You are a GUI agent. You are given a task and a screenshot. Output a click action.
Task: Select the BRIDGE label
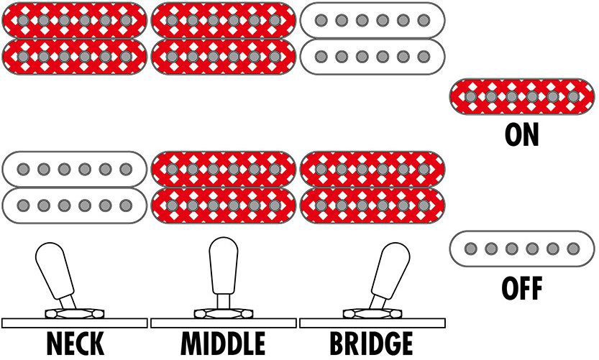(x=371, y=344)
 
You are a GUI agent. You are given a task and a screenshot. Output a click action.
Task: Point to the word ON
(x=522, y=134)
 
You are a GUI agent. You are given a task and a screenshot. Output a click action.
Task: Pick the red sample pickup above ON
(x=522, y=96)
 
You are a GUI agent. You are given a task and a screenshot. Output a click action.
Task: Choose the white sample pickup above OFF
(x=522, y=249)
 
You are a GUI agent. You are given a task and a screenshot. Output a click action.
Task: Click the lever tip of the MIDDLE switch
(x=222, y=255)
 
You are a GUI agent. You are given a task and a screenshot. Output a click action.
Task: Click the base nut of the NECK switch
(x=74, y=313)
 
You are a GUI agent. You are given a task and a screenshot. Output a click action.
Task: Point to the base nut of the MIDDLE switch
(x=224, y=313)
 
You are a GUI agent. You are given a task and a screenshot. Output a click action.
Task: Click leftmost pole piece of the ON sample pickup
(x=470, y=96)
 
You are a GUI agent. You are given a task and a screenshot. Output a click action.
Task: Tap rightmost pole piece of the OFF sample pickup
(x=573, y=249)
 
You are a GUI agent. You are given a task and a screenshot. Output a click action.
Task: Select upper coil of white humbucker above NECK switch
(x=74, y=169)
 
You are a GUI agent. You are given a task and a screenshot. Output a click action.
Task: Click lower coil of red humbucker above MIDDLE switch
(x=224, y=205)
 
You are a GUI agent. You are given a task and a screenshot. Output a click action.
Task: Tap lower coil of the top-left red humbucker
(x=74, y=56)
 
